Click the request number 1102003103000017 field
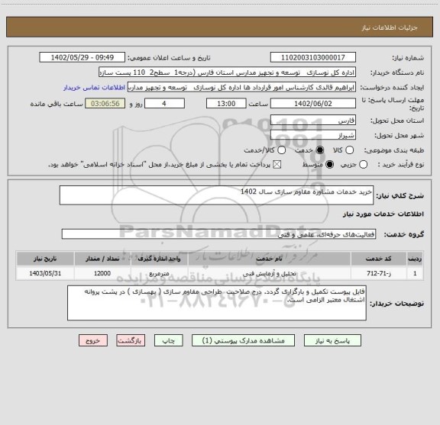313,58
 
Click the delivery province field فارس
313,121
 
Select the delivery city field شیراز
313,136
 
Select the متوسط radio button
329,164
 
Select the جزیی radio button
363,164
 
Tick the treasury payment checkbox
277,164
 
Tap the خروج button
89,340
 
